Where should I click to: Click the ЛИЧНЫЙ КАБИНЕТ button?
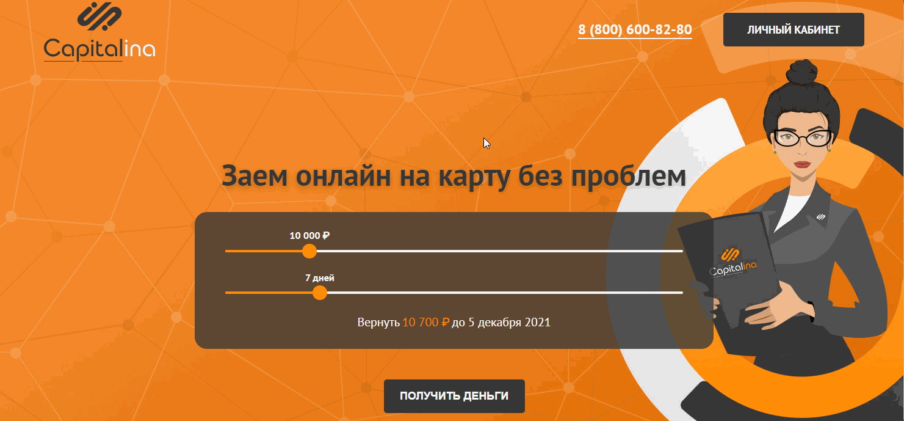tap(793, 29)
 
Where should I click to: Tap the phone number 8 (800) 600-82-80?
tap(635, 29)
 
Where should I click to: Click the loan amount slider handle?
tap(309, 251)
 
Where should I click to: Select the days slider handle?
tap(319, 293)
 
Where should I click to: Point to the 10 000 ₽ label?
tap(309, 236)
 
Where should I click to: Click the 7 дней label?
tap(319, 278)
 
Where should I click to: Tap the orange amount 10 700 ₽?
tap(425, 322)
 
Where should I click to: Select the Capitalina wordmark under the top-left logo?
tap(99, 49)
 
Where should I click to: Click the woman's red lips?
tap(802, 164)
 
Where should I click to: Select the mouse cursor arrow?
tap(486, 142)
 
